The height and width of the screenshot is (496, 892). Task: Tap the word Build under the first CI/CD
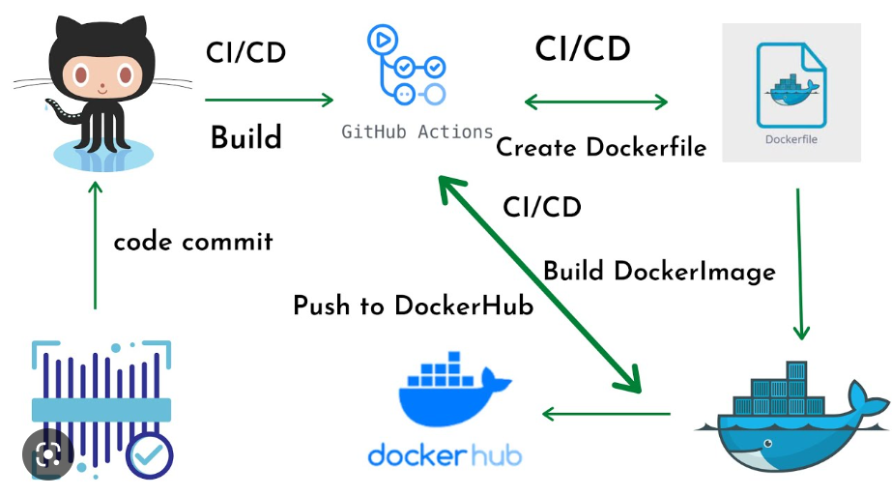pyautogui.click(x=246, y=137)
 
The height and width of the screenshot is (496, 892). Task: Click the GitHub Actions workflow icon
pyautogui.click(x=406, y=66)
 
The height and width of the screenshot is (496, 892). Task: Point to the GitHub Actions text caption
pyautogui.click(x=417, y=131)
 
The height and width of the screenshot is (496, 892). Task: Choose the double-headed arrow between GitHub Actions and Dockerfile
pyautogui.click(x=595, y=101)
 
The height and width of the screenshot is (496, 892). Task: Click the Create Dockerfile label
pyautogui.click(x=601, y=148)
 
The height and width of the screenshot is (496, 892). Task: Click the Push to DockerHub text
pyautogui.click(x=414, y=306)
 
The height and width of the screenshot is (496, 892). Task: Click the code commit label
pyautogui.click(x=193, y=241)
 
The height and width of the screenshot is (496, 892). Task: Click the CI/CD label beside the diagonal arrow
pyautogui.click(x=541, y=207)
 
